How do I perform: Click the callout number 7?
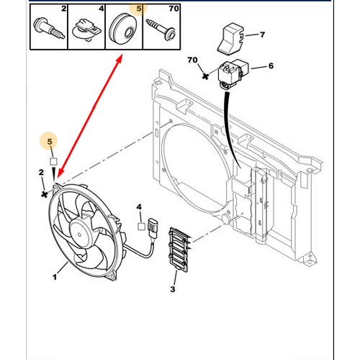(x=262, y=35)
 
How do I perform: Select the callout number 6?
(x=271, y=66)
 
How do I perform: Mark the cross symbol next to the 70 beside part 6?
(x=206, y=75)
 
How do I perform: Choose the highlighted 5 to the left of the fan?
(x=50, y=141)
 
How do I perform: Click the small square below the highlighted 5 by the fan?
(x=53, y=161)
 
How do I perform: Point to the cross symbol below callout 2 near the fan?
(x=45, y=193)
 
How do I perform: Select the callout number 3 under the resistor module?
(x=172, y=289)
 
